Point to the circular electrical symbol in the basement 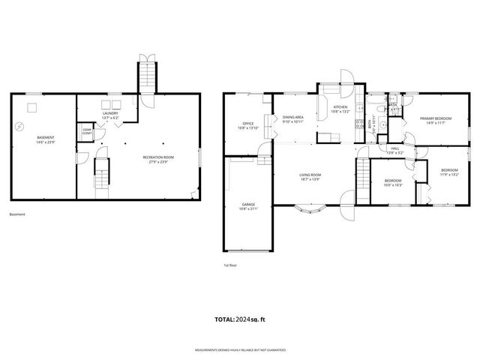tap(20, 126)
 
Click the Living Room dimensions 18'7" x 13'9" tap(310, 179)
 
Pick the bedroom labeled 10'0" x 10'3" tap(393, 184)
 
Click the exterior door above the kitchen tap(346, 76)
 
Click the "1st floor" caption tap(230, 265)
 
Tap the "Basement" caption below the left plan tap(17, 214)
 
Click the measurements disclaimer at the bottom tap(240, 349)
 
